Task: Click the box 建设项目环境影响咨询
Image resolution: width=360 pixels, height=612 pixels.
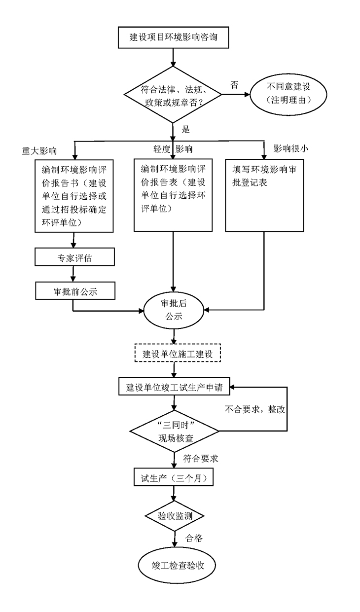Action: (x=173, y=37)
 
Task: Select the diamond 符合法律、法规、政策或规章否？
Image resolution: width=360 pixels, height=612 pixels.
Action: (x=173, y=95)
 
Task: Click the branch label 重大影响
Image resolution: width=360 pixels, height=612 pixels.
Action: (x=39, y=151)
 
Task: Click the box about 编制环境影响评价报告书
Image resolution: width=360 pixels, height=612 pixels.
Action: (x=74, y=195)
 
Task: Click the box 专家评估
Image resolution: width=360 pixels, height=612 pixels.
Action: (x=74, y=257)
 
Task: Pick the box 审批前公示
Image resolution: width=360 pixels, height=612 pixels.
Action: (x=74, y=291)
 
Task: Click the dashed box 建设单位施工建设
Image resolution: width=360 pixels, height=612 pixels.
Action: (x=178, y=354)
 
